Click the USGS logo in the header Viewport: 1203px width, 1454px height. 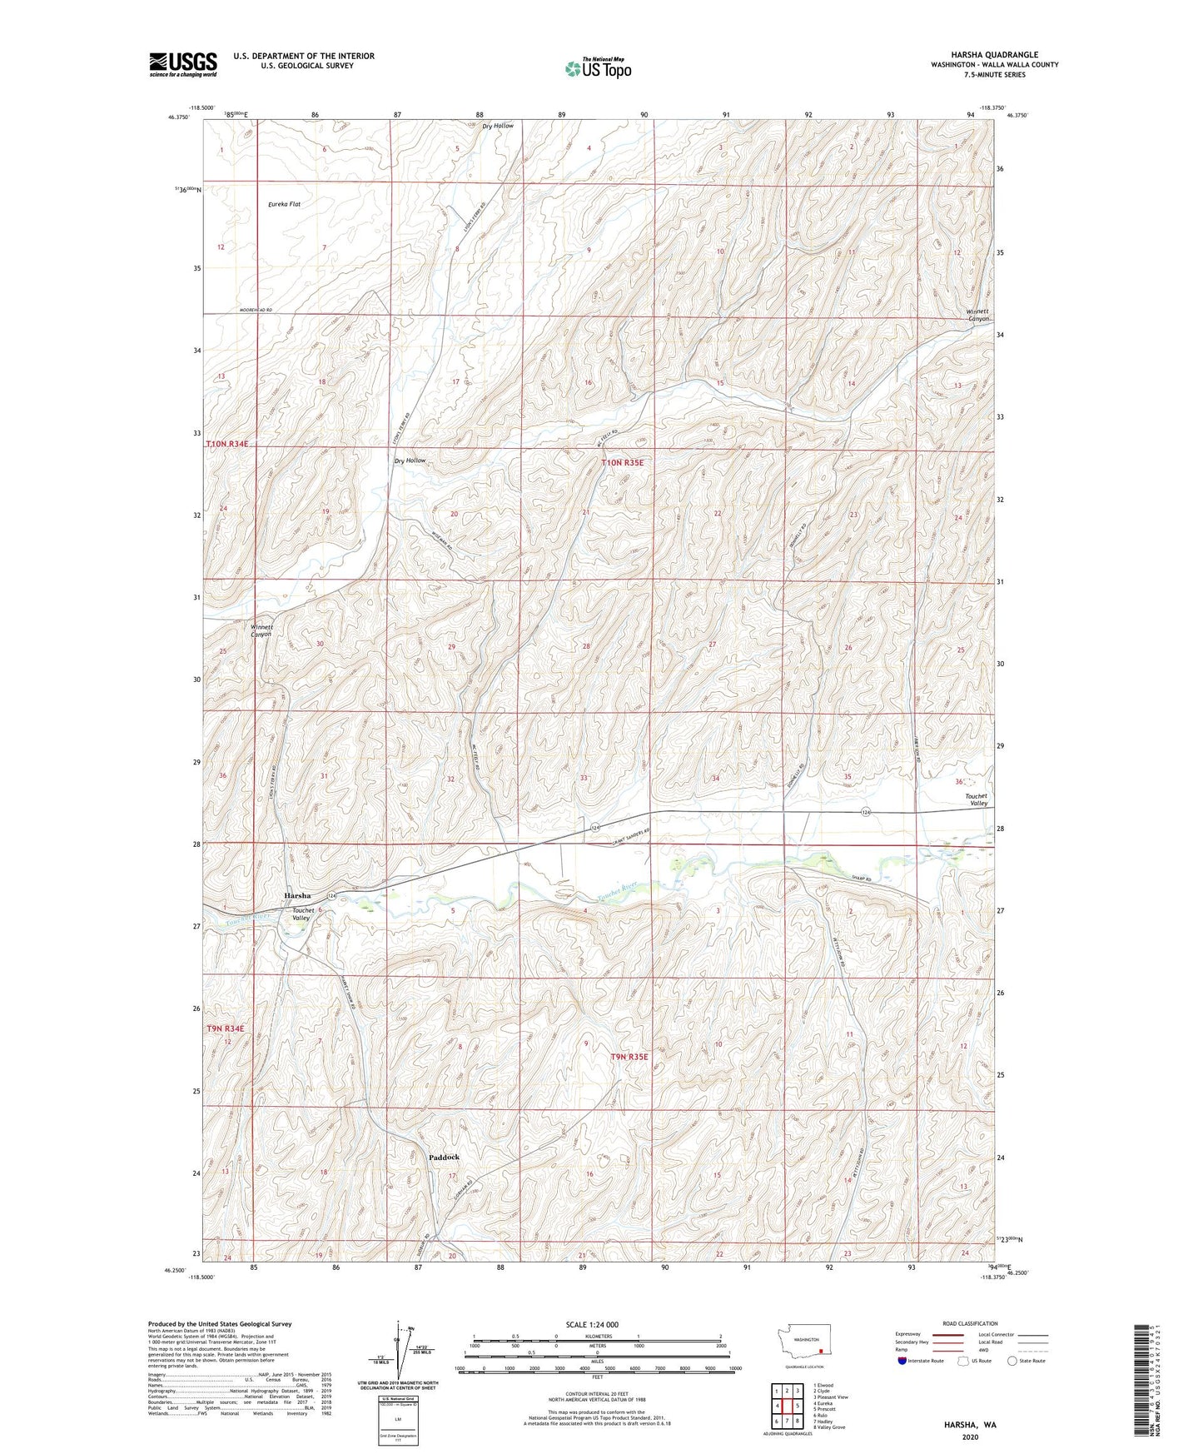pos(183,64)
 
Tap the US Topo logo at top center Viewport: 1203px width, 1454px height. pos(597,68)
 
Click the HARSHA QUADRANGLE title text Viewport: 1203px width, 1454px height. pos(994,55)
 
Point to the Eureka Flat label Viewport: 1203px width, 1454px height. pos(284,204)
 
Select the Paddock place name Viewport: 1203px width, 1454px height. pos(444,1157)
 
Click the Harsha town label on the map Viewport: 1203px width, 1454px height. pos(297,895)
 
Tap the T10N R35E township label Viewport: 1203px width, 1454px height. pos(623,462)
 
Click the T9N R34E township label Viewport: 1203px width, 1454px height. pos(226,1028)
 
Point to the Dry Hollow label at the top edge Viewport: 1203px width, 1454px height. pos(498,126)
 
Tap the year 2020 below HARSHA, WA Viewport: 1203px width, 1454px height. pos(970,1437)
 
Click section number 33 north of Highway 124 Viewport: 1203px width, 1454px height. pos(584,778)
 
